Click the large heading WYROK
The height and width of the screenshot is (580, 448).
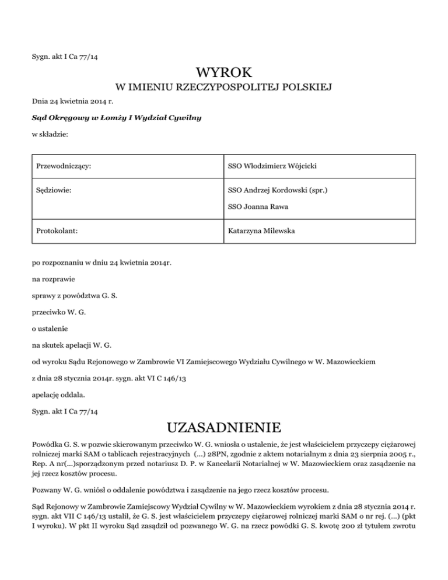(x=224, y=74)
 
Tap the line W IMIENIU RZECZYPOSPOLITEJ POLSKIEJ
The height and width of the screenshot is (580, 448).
(x=224, y=88)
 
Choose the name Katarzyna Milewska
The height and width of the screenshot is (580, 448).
(x=261, y=231)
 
